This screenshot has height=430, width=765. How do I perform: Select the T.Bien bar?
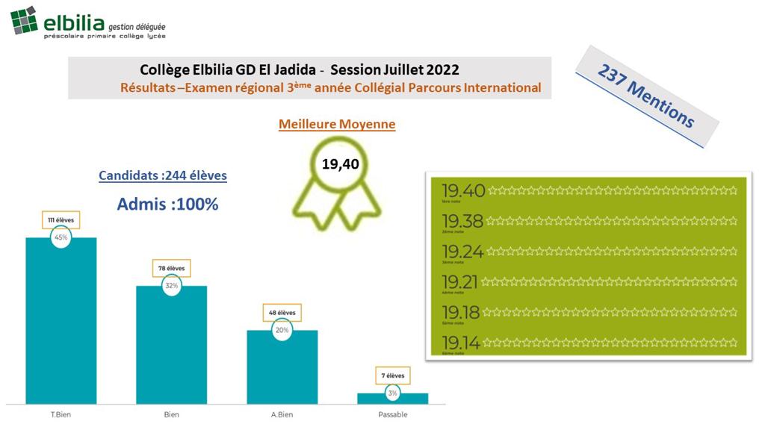coord(61,321)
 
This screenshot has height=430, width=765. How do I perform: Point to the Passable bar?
coord(393,399)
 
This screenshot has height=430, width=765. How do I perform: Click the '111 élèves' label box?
coord(61,220)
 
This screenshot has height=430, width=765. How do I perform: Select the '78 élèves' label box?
coord(171,269)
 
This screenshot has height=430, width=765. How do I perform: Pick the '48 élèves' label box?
coord(282,313)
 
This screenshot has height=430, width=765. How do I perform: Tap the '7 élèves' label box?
coord(393,376)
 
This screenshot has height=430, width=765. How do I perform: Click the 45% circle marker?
coord(61,237)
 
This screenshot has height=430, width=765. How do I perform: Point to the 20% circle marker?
coord(282,330)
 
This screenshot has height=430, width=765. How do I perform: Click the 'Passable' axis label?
coord(393,415)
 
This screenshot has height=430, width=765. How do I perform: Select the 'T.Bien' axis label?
coord(61,415)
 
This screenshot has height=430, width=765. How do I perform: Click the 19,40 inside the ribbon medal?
coord(341,164)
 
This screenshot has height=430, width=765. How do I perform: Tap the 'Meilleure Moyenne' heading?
coord(337,125)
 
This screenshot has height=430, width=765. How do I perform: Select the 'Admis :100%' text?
coord(168,203)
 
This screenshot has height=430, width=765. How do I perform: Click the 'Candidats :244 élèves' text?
coord(163,176)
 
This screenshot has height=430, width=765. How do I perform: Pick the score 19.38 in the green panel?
coord(462,222)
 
